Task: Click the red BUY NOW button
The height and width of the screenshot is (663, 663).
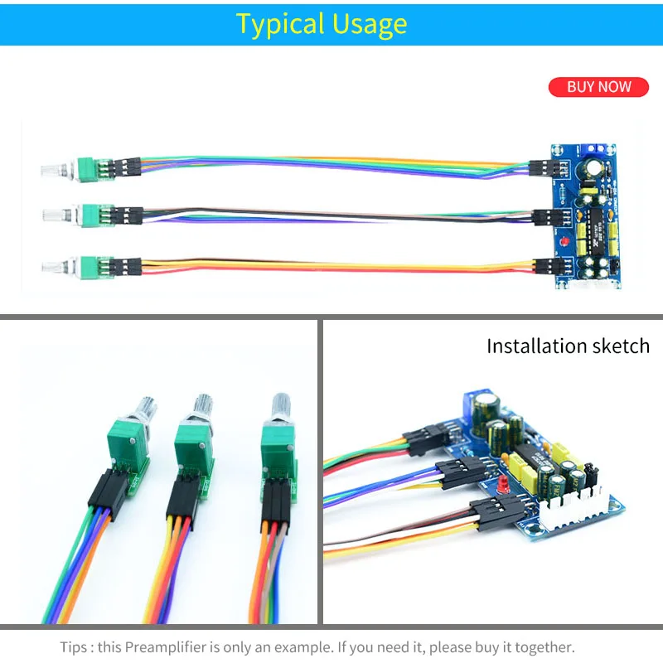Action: [598, 87]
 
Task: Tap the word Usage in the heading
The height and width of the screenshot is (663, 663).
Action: [370, 23]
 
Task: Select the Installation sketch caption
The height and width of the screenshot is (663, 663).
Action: [568, 346]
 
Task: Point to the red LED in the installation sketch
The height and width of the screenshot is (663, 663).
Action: [500, 482]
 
